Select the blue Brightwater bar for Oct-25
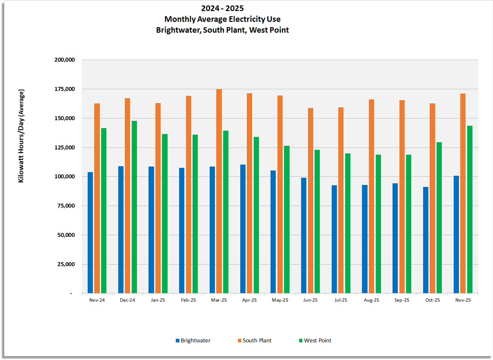click(x=426, y=240)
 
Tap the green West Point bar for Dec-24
click(x=134, y=207)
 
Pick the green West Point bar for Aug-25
click(x=378, y=224)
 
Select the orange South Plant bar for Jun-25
click(x=310, y=200)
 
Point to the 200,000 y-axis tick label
click(x=65, y=60)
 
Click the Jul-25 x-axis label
click(x=341, y=300)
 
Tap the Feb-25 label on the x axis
click(x=188, y=300)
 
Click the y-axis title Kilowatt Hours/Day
click(x=21, y=136)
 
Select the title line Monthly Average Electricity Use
click(x=222, y=19)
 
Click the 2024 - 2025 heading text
click(x=222, y=8)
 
